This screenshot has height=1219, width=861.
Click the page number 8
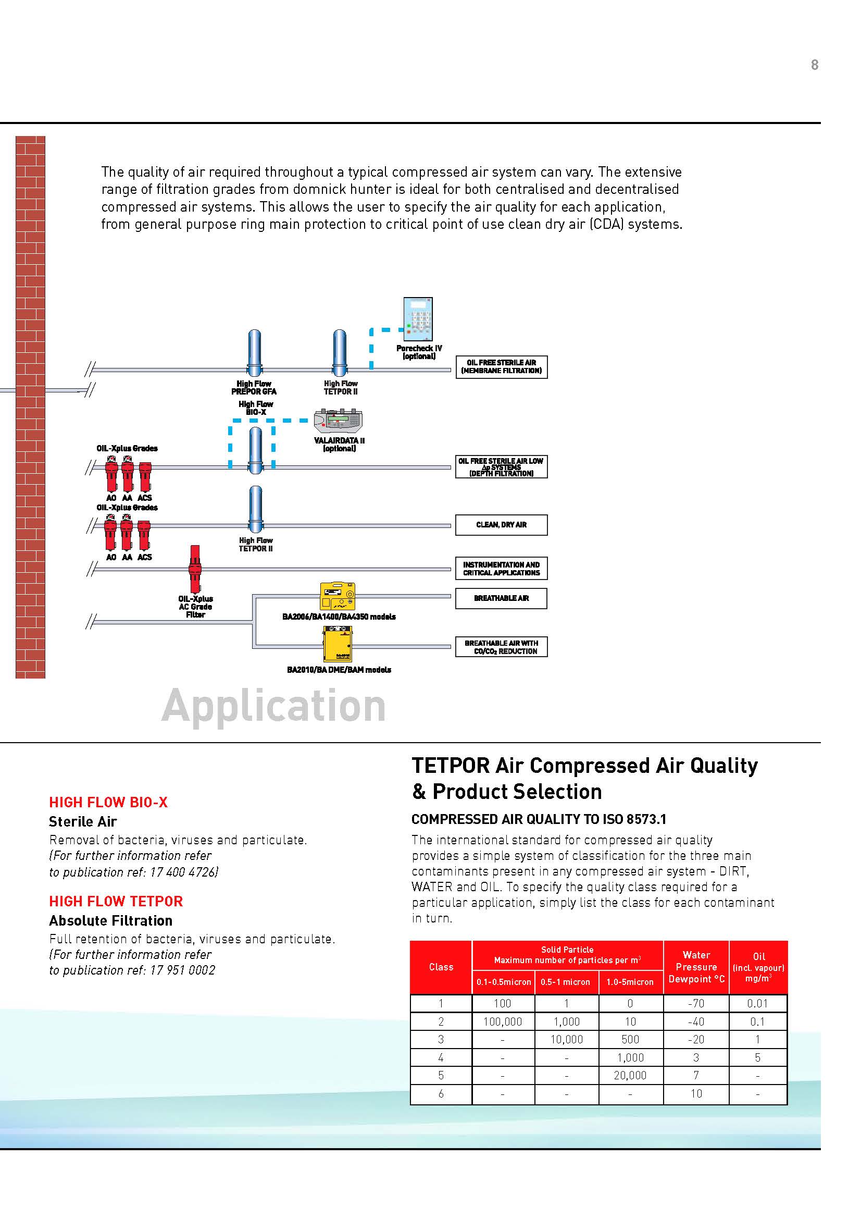pyautogui.click(x=814, y=65)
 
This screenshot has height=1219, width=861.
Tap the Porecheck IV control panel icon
pyautogui.click(x=418, y=318)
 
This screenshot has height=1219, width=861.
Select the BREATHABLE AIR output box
pyautogui.click(x=501, y=598)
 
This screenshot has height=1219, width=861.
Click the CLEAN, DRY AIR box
pyautogui.click(x=501, y=525)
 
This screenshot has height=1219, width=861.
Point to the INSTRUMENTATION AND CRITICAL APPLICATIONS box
pyautogui.click(x=501, y=569)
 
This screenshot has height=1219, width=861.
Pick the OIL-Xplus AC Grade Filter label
pyautogui.click(x=195, y=606)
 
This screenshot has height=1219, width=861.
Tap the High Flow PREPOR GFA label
pyautogui.click(x=254, y=388)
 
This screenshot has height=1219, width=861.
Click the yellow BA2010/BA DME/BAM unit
pyautogui.click(x=338, y=645)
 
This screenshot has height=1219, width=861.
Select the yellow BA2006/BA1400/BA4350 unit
pyautogui.click(x=338, y=597)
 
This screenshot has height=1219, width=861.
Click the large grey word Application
pyautogui.click(x=273, y=706)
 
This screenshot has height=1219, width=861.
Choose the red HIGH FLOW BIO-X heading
pyautogui.click(x=108, y=802)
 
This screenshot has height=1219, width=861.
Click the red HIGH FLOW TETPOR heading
pyautogui.click(x=116, y=901)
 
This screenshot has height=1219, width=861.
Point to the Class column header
pyautogui.click(x=441, y=967)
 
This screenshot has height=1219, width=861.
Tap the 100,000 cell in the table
pyautogui.click(x=503, y=1021)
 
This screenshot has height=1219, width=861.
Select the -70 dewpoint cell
pyautogui.click(x=696, y=1003)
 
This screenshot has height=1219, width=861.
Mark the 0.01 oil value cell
pyautogui.click(x=757, y=1003)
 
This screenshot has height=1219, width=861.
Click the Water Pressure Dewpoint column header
pyautogui.click(x=696, y=967)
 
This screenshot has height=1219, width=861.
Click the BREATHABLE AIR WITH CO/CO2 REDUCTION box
pyautogui.click(x=501, y=647)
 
